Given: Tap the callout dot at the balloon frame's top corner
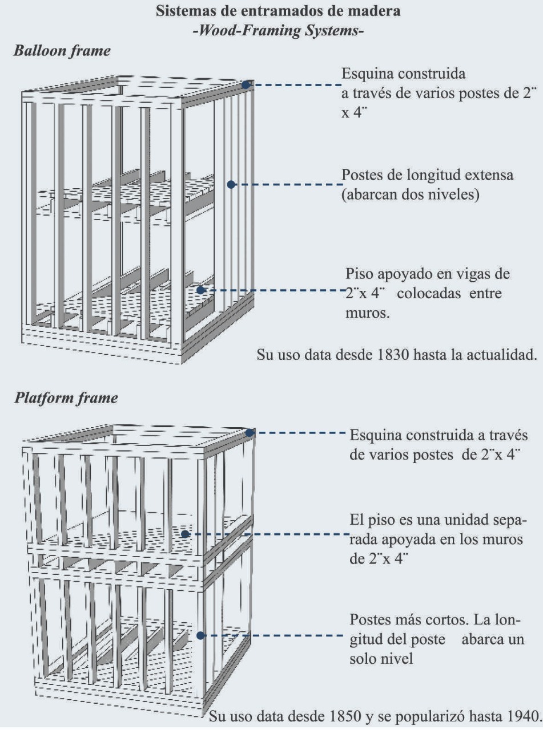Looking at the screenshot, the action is [x=246, y=84].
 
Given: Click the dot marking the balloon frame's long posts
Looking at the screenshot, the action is [x=231, y=184].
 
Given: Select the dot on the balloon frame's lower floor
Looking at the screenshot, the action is [x=200, y=290].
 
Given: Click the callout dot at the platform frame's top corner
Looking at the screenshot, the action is [x=250, y=433].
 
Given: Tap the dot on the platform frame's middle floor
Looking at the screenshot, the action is [x=185, y=534].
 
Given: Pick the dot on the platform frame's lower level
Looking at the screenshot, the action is [x=200, y=635].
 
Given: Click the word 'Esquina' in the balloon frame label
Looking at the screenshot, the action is [x=365, y=75].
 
